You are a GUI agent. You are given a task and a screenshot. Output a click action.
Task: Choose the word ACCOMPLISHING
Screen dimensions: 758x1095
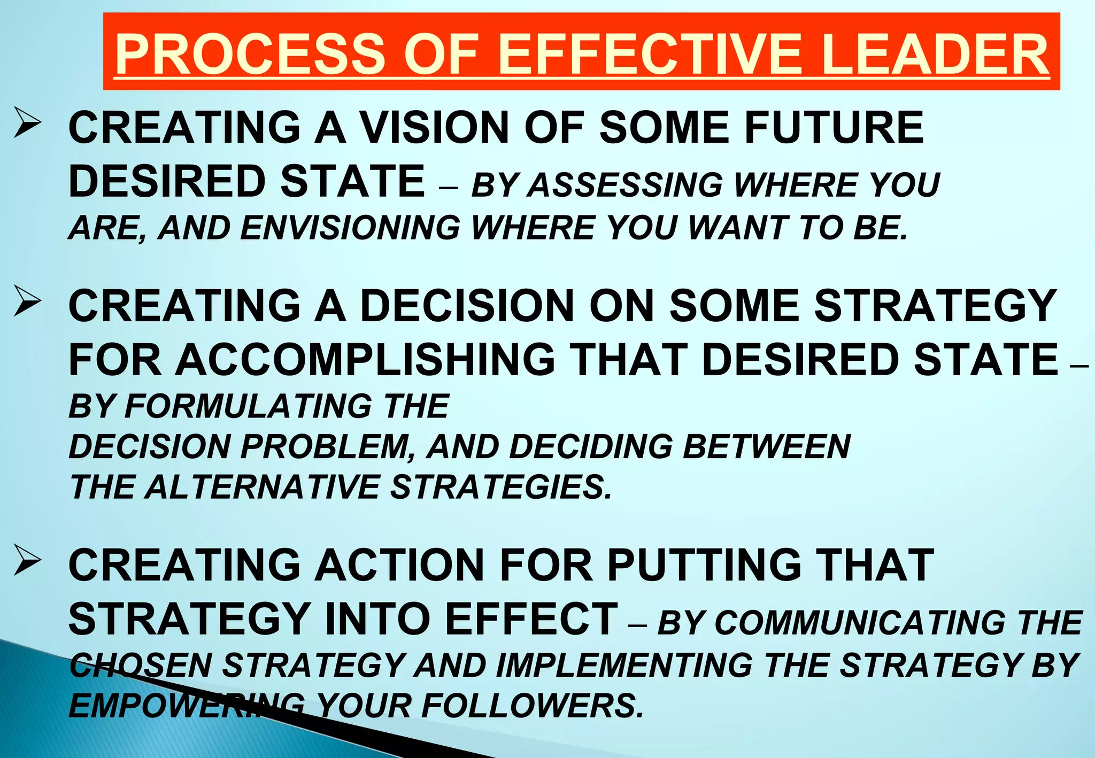366,359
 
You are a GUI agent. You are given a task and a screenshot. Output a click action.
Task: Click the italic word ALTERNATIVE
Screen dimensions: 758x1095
263,488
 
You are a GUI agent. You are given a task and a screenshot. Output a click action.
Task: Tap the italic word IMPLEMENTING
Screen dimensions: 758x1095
625,666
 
